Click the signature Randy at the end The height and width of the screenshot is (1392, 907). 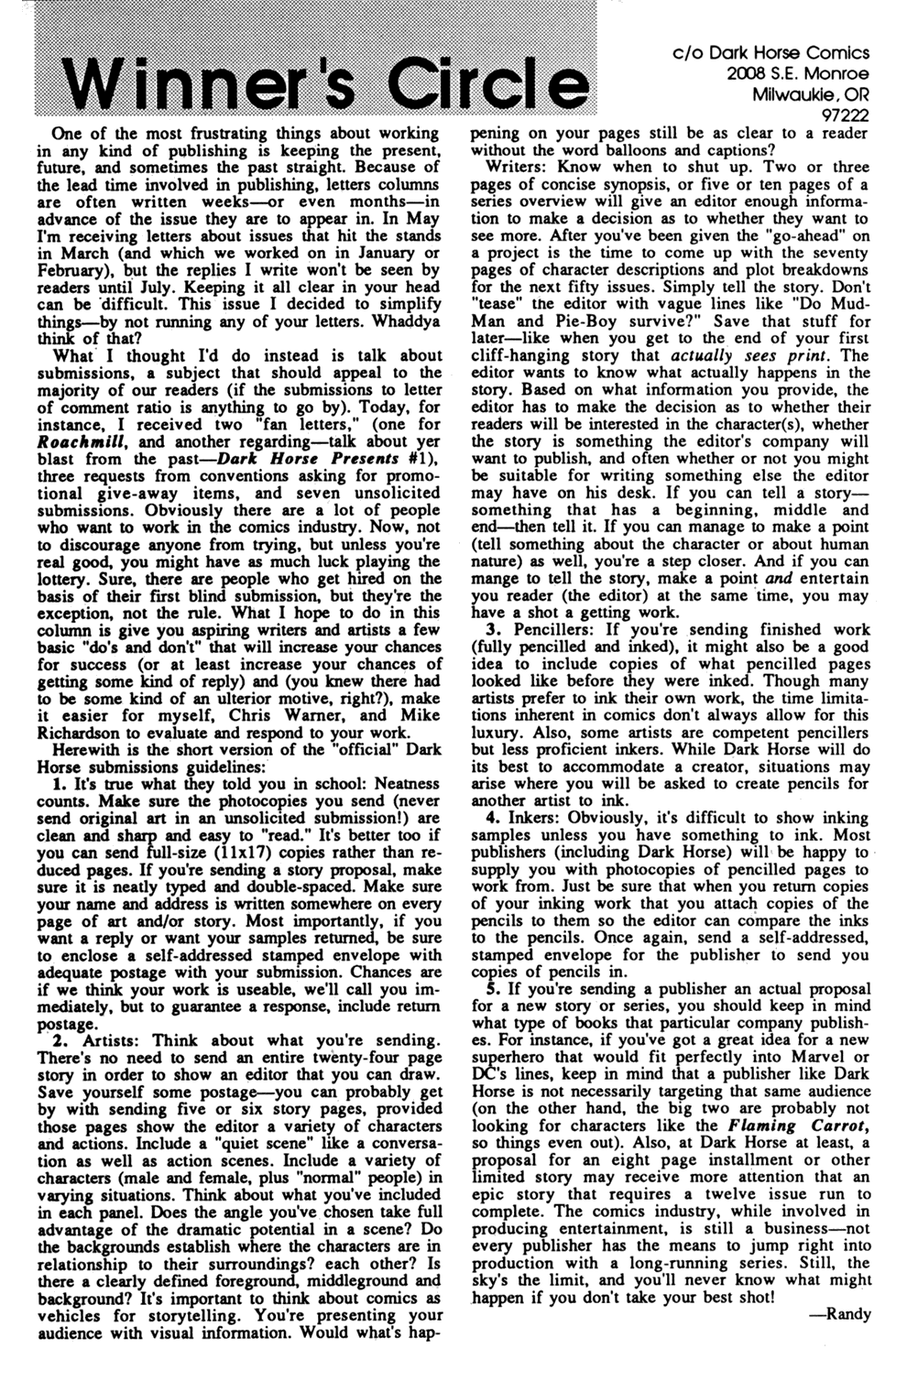[848, 1314]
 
